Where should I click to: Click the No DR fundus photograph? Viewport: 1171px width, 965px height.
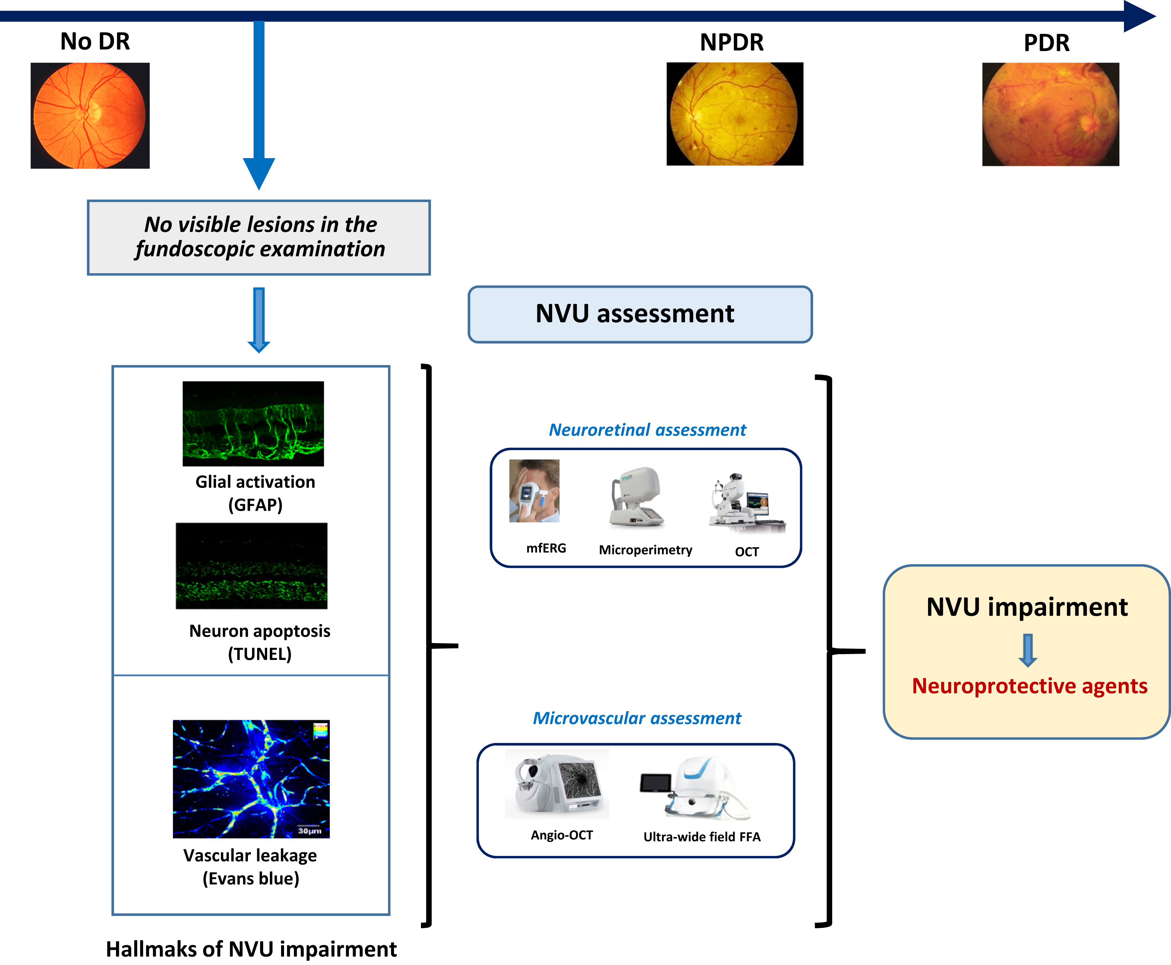click(90, 116)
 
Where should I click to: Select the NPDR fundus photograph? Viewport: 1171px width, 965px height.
click(735, 114)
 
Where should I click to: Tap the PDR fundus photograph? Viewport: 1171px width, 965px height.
click(1050, 114)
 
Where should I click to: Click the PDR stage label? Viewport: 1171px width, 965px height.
click(1046, 43)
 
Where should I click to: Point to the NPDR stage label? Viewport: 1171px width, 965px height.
click(732, 42)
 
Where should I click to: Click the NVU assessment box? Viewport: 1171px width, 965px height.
click(640, 314)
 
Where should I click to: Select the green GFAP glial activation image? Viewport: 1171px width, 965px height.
click(253, 424)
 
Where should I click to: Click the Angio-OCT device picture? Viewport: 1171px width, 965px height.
click(557, 784)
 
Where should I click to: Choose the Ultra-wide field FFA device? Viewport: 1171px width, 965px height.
click(696, 788)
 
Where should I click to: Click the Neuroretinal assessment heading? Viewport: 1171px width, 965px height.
click(647, 430)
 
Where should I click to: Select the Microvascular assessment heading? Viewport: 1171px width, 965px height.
click(637, 718)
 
